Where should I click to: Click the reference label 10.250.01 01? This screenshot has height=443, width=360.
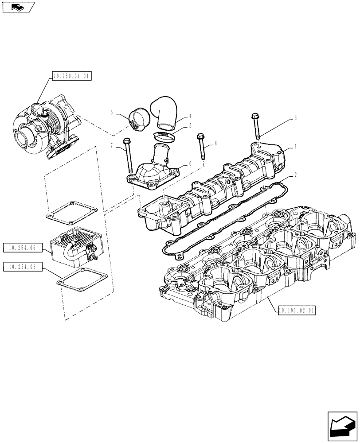pyautogui.click(x=71, y=77)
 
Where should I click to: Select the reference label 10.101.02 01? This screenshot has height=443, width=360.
pyautogui.click(x=297, y=311)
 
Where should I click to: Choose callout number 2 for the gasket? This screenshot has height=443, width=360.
pyautogui.click(x=295, y=175)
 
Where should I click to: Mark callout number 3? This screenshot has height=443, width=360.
pyautogui.click(x=295, y=118)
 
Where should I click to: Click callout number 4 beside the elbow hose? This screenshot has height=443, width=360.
pyautogui.click(x=190, y=116)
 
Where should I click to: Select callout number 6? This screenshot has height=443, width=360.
pyautogui.click(x=190, y=163)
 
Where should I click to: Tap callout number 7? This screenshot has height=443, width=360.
pyautogui.click(x=112, y=146)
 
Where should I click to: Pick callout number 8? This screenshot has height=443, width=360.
pyautogui.click(x=215, y=143)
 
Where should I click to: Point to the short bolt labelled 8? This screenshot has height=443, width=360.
pyautogui.click(x=202, y=146)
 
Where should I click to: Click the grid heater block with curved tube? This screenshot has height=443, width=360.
pyautogui.click(x=73, y=249)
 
